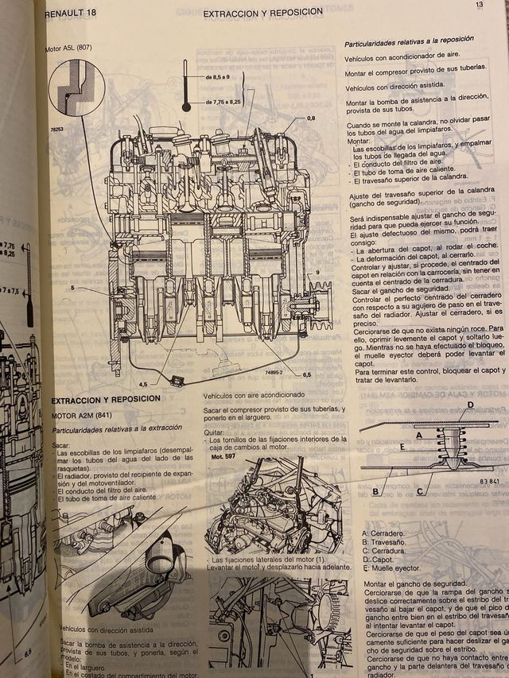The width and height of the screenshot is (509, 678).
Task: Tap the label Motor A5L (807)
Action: pos(70,49)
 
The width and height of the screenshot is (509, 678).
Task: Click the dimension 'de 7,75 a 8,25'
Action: pos(222,103)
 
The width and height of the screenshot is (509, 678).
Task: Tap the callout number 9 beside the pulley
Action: pos(317,272)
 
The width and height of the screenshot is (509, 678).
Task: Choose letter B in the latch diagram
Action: pos(374,491)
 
